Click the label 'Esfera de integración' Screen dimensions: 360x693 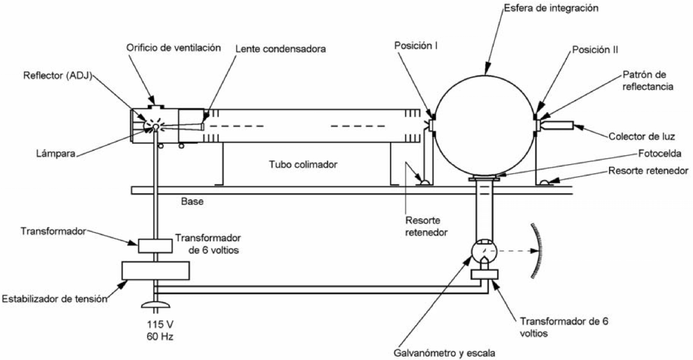[551, 8]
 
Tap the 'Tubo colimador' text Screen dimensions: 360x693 [303, 164]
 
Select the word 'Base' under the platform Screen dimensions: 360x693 [192, 201]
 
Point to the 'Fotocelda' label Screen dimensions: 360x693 [660, 154]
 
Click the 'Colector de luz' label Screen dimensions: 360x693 [642, 137]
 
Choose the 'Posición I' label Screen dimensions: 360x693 [416, 46]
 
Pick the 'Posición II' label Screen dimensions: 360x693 [595, 50]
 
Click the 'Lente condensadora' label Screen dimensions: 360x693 [281, 49]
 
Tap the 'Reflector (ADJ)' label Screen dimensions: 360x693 [57, 76]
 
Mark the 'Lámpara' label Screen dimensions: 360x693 [56, 154]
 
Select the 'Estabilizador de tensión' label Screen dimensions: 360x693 [55, 299]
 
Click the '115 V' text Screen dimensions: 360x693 [160, 324]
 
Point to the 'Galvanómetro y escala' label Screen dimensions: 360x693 [444, 353]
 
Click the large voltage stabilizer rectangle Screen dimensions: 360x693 [156, 271]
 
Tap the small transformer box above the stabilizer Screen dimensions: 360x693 [155, 246]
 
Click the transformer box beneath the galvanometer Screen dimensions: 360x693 [484, 274]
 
